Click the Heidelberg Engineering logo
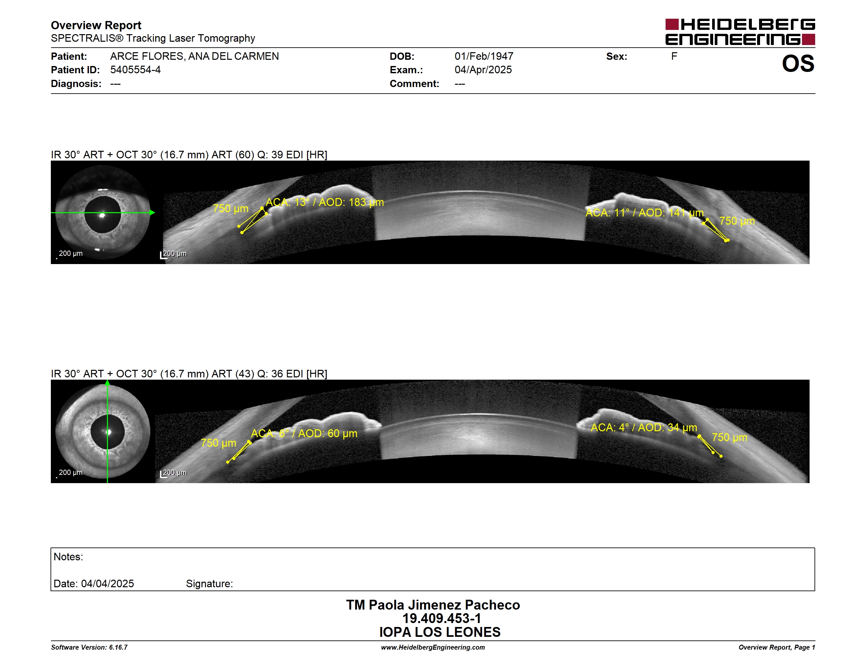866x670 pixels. [740, 32]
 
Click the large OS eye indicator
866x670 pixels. [798, 63]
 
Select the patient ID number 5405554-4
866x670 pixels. [135, 70]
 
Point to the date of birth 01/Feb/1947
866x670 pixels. [484, 56]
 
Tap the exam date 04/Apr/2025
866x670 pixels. [483, 70]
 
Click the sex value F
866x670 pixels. [674, 56]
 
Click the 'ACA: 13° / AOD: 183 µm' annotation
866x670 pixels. [325, 202]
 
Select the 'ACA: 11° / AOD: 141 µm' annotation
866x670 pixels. [644, 213]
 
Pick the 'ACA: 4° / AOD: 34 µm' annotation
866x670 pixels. [644, 428]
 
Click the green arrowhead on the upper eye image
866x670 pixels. [152, 213]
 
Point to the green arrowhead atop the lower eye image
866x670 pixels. [108, 383]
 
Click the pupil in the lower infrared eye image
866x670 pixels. [108, 432]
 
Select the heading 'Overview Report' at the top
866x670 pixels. [96, 25]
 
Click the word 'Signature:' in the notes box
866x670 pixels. [209, 584]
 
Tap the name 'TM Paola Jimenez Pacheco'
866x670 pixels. [433, 605]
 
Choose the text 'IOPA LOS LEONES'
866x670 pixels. [440, 632]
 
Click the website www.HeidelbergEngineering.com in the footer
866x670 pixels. [433, 647]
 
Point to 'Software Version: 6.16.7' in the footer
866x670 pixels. [89, 647]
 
